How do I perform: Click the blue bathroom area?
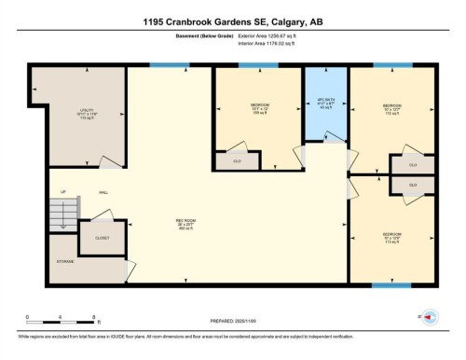(326, 117)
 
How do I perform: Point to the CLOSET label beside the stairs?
(102, 238)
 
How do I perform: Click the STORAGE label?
(64, 262)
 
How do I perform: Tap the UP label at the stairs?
(63, 193)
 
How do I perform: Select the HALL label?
(103, 193)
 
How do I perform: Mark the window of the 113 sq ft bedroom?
(391, 284)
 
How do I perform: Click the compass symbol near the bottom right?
(431, 316)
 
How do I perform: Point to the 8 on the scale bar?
(83, 318)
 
